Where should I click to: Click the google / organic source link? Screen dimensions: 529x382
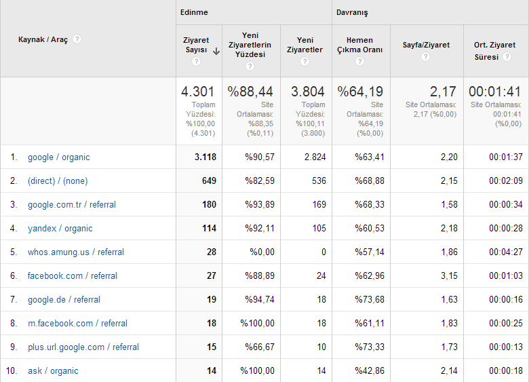[59, 157]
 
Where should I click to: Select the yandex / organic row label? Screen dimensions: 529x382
[60, 229]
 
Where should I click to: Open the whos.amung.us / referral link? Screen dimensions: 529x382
[76, 252]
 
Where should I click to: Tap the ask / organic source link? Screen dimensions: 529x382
[53, 371]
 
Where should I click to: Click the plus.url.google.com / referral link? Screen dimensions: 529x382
[83, 347]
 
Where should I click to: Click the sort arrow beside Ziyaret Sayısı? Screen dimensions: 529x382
[216, 52]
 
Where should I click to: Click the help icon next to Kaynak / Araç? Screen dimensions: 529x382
[77, 39]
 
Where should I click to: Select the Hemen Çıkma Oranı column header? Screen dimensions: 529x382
[359, 45]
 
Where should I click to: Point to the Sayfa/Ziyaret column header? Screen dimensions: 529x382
[426, 45]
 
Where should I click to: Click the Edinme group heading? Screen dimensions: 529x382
[194, 12]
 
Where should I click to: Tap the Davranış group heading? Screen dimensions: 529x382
[352, 13]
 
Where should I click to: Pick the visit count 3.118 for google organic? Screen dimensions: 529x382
[205, 157]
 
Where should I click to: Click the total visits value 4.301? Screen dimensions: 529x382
[198, 92]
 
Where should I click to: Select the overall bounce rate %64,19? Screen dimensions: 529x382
[360, 92]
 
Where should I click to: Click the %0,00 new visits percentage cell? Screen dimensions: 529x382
[262, 252]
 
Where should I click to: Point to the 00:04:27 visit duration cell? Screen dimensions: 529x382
[506, 252]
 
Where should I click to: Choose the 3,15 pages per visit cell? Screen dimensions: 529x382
[449, 275]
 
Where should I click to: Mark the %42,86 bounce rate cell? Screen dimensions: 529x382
[370, 371]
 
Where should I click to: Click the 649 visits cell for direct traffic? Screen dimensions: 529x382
[209, 181]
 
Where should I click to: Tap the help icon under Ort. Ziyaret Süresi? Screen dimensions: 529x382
[507, 57]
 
